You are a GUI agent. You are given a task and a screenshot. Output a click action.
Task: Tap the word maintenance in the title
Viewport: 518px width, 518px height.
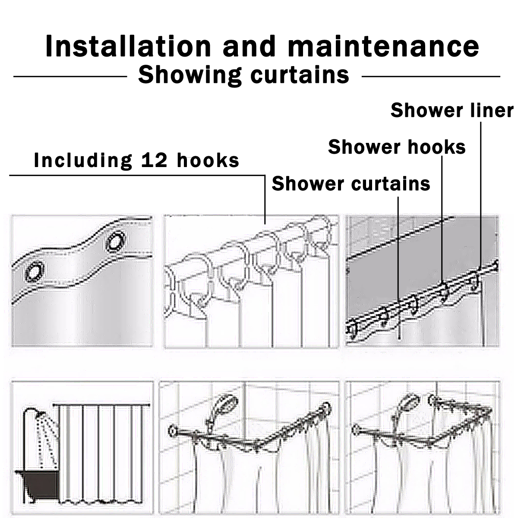tap(384, 47)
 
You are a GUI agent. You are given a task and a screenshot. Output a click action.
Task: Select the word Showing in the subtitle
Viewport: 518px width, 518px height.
tap(190, 76)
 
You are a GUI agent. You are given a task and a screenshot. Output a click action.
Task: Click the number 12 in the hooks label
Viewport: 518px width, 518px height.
tap(154, 160)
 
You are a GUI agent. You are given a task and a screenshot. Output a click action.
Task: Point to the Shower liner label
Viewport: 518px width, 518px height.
tap(452, 110)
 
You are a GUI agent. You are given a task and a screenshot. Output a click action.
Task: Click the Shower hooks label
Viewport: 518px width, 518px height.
tap(397, 147)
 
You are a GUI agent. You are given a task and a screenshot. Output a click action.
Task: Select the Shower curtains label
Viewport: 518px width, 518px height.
tap(351, 183)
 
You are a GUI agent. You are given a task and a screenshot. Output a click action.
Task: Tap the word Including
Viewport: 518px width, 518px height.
tap(83, 161)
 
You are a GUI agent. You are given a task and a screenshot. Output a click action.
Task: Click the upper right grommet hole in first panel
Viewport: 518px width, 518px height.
tap(116, 241)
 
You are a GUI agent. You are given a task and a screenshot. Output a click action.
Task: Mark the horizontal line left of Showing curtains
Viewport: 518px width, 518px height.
tap(70, 76)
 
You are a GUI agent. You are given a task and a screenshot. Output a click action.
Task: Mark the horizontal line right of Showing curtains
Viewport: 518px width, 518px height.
tap(431, 76)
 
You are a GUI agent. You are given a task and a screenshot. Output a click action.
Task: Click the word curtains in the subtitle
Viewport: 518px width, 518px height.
tap(300, 75)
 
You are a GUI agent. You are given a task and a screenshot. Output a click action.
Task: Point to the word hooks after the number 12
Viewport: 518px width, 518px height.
tap(208, 160)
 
